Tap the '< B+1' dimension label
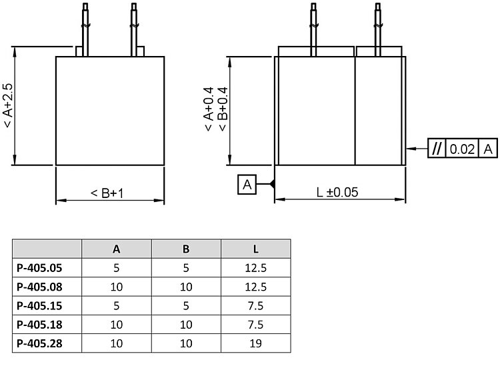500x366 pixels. point(108,193)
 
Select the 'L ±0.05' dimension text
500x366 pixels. point(337,192)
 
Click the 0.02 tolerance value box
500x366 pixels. point(462,149)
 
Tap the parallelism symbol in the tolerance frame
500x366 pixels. point(436,149)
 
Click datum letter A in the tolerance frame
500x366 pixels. point(488,149)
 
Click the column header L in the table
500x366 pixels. point(255,249)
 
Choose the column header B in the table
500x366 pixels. point(186,249)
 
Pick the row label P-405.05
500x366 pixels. point(39,268)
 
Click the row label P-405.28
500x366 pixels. point(39,343)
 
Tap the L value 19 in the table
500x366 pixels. point(255,343)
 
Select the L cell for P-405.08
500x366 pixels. point(255,287)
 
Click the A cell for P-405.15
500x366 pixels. point(116,306)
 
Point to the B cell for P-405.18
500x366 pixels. point(186,325)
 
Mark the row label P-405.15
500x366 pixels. point(39,306)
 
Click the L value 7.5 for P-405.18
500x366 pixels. point(255,325)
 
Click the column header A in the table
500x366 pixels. point(116,249)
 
